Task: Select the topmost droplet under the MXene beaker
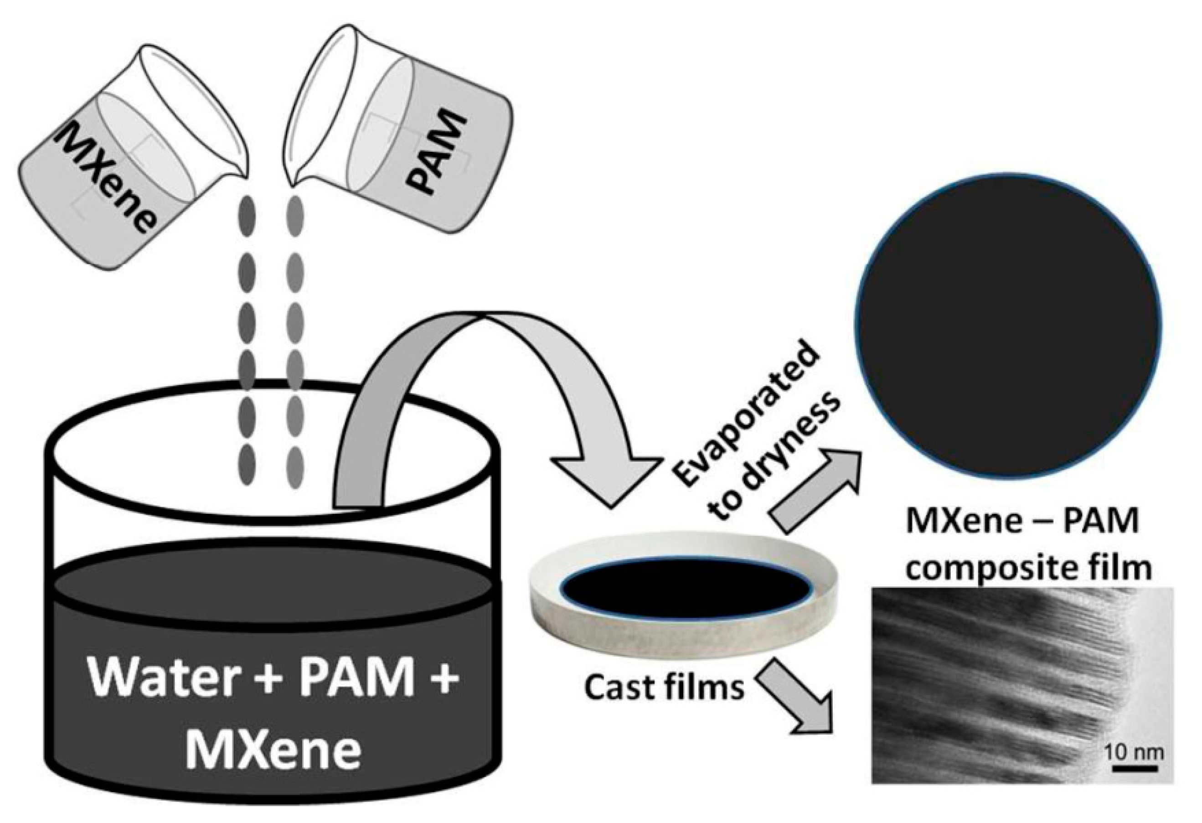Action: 247,214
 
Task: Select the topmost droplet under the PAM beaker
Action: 295,214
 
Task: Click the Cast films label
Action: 664,687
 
